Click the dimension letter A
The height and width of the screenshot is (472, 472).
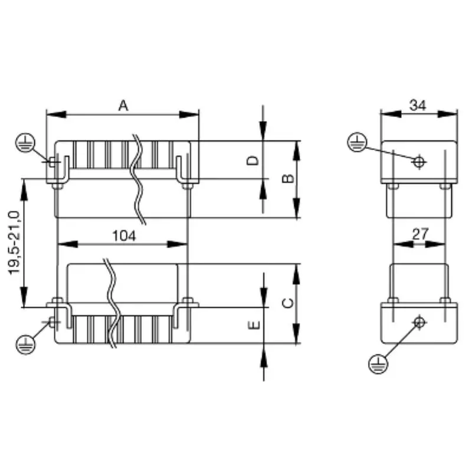(123, 105)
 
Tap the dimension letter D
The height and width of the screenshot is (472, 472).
(253, 161)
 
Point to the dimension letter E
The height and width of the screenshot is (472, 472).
(253, 325)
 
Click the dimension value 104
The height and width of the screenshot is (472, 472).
(124, 235)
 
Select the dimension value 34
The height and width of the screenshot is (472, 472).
(418, 105)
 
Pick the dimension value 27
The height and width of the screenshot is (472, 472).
(419, 234)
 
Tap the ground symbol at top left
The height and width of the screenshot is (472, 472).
(24, 142)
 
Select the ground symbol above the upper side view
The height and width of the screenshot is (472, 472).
(357, 142)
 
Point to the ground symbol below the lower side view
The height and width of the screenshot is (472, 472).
(378, 364)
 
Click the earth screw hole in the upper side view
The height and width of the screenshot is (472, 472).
(419, 161)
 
